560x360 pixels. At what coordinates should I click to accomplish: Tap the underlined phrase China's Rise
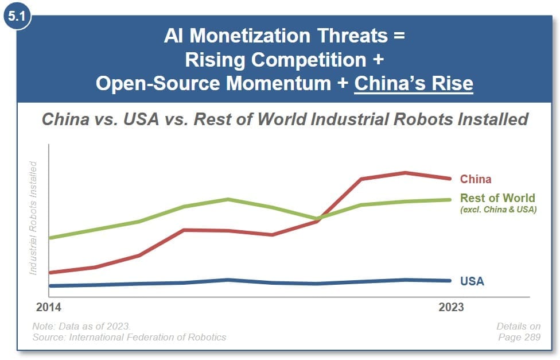414,84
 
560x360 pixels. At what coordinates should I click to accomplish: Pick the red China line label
476,179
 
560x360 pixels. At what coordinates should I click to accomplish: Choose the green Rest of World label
497,199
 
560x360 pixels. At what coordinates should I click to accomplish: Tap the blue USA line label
472,281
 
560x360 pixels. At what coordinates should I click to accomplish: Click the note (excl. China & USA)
498,210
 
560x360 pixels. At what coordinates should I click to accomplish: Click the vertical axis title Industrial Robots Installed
33,218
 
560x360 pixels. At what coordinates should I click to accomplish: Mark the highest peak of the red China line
406,173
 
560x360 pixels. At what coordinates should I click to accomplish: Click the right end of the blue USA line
450,281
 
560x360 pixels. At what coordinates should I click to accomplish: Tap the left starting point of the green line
50,238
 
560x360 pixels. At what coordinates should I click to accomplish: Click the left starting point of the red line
50,273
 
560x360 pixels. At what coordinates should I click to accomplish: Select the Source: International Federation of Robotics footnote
129,337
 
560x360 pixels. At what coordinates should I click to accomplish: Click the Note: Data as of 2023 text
81,326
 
